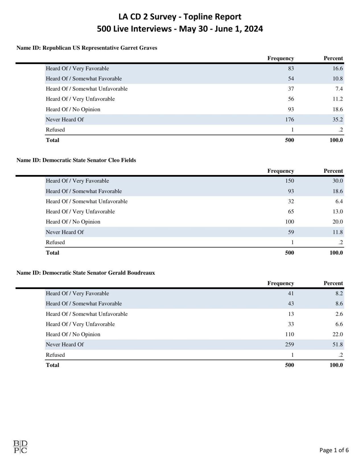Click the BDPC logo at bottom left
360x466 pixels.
click(x=20, y=447)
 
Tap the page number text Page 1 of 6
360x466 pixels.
click(x=334, y=450)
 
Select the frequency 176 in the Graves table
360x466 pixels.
click(x=289, y=119)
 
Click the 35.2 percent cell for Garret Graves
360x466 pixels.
click(x=338, y=119)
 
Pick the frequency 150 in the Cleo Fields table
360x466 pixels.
click(x=289, y=181)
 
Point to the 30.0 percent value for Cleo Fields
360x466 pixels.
click(x=338, y=181)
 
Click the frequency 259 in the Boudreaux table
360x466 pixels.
click(x=289, y=345)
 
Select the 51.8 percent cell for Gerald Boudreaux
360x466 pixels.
click(x=338, y=345)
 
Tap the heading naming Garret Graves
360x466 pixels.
click(x=87, y=48)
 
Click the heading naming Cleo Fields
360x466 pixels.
click(x=76, y=160)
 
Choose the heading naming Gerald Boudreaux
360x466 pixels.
click(x=86, y=273)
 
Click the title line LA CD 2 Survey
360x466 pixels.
click(x=180, y=17)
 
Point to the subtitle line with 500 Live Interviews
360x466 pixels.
click(x=180, y=29)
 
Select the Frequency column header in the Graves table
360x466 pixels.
click(x=280, y=58)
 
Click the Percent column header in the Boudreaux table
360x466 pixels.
click(x=333, y=283)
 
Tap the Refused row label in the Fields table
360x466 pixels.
click(x=55, y=242)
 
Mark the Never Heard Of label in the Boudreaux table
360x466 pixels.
click(x=65, y=345)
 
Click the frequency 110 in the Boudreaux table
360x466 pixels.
click(x=289, y=334)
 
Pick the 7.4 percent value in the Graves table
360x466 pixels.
click(x=339, y=89)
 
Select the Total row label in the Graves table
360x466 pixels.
click(x=52, y=140)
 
